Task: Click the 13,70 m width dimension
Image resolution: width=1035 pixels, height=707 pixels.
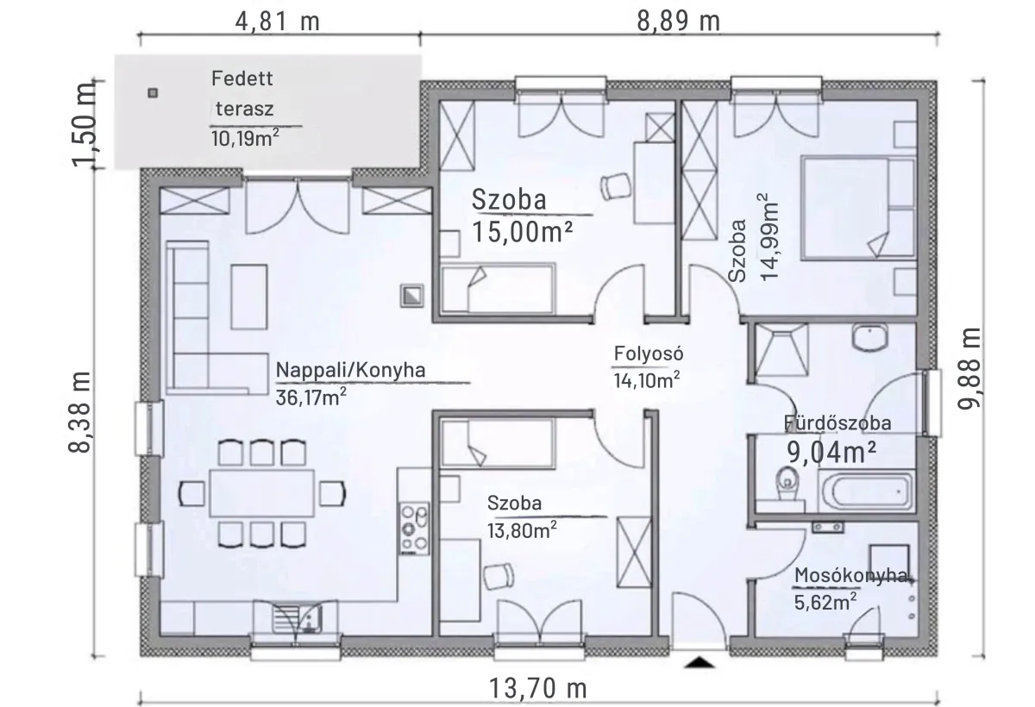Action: click(538, 689)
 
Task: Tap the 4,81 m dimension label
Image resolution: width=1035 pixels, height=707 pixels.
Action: click(277, 22)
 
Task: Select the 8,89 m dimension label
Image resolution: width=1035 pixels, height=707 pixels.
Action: click(678, 22)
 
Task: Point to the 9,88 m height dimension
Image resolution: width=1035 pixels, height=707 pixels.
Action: click(969, 368)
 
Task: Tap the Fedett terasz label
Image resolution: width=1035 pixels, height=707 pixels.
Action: click(243, 94)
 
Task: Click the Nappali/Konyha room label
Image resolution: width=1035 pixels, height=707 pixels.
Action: click(350, 370)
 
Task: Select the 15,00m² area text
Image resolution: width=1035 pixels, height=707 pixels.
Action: click(522, 231)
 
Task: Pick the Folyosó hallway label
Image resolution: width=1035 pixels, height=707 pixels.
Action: click(649, 353)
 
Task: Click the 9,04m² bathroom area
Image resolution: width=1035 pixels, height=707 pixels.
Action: click(831, 452)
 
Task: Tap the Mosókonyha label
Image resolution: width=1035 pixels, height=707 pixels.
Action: click(850, 575)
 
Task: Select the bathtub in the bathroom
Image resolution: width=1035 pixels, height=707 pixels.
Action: click(865, 491)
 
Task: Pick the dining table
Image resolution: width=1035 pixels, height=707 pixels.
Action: click(262, 493)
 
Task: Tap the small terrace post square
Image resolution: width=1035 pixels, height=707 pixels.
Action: click(153, 93)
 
